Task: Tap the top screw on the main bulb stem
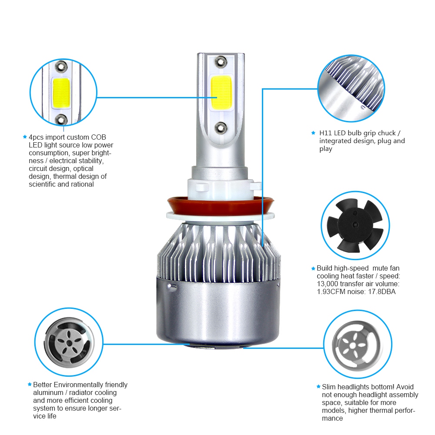coord(220,62)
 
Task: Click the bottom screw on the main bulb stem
coord(220,126)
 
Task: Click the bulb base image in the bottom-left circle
coord(68,342)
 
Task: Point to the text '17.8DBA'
coord(382,292)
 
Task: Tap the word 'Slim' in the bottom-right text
coord(329,387)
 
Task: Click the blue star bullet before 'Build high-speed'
coord(313,268)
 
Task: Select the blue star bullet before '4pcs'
coord(25,137)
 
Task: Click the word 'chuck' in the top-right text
coord(388,133)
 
